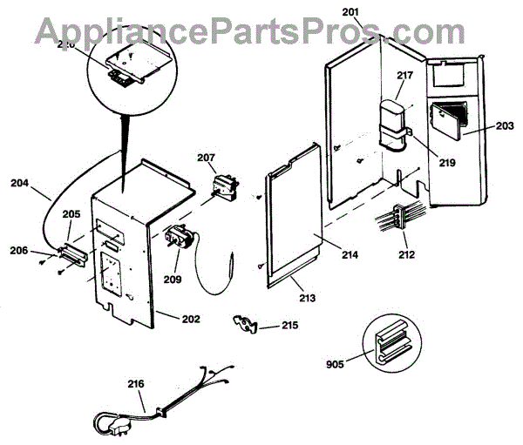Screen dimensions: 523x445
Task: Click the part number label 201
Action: tap(350, 11)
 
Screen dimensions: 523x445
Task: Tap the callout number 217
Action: tap(404, 77)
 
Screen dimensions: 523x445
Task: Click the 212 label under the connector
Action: tap(405, 255)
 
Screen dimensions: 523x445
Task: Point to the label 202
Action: tap(190, 319)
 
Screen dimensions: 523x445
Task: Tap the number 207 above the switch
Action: tap(206, 158)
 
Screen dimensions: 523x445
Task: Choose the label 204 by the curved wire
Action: tap(19, 183)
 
